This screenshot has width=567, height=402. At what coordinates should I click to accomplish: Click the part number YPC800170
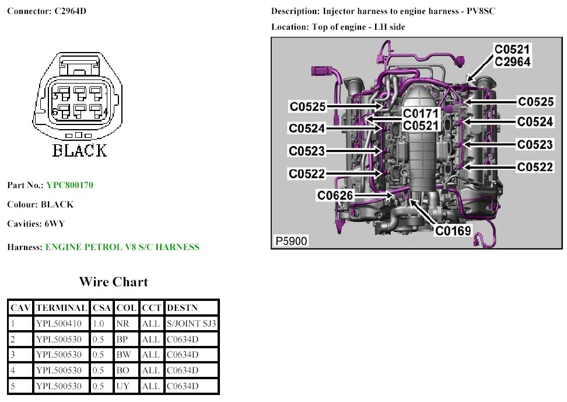pyautogui.click(x=69, y=185)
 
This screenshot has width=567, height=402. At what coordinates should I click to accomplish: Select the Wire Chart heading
pyautogui.click(x=113, y=282)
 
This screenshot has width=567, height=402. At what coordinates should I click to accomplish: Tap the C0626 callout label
pyautogui.click(x=335, y=195)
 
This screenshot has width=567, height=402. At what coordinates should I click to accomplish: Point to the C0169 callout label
pyautogui.click(x=453, y=231)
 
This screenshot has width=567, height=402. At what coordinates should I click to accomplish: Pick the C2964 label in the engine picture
pyautogui.click(x=512, y=61)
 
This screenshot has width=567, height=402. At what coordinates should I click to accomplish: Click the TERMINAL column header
pyautogui.click(x=61, y=307)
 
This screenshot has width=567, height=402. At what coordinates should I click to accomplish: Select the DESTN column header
pyautogui.click(x=183, y=307)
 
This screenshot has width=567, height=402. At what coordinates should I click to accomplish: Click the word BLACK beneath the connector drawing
pyautogui.click(x=80, y=151)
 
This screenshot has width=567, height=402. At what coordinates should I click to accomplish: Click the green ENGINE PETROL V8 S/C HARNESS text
pyautogui.click(x=122, y=247)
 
